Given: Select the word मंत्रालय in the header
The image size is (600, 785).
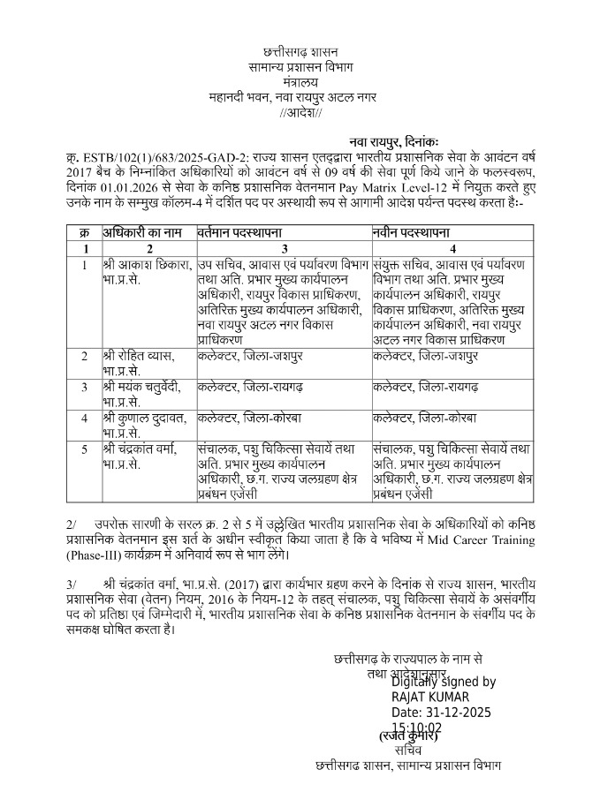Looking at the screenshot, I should click(300, 83).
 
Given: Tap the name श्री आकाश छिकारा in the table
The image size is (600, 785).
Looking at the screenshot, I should click(144, 264).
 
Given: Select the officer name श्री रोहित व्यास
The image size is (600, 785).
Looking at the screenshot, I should click(139, 356).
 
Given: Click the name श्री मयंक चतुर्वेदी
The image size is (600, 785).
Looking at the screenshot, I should click(143, 387).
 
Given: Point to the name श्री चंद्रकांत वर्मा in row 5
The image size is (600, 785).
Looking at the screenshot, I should click(145, 449).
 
